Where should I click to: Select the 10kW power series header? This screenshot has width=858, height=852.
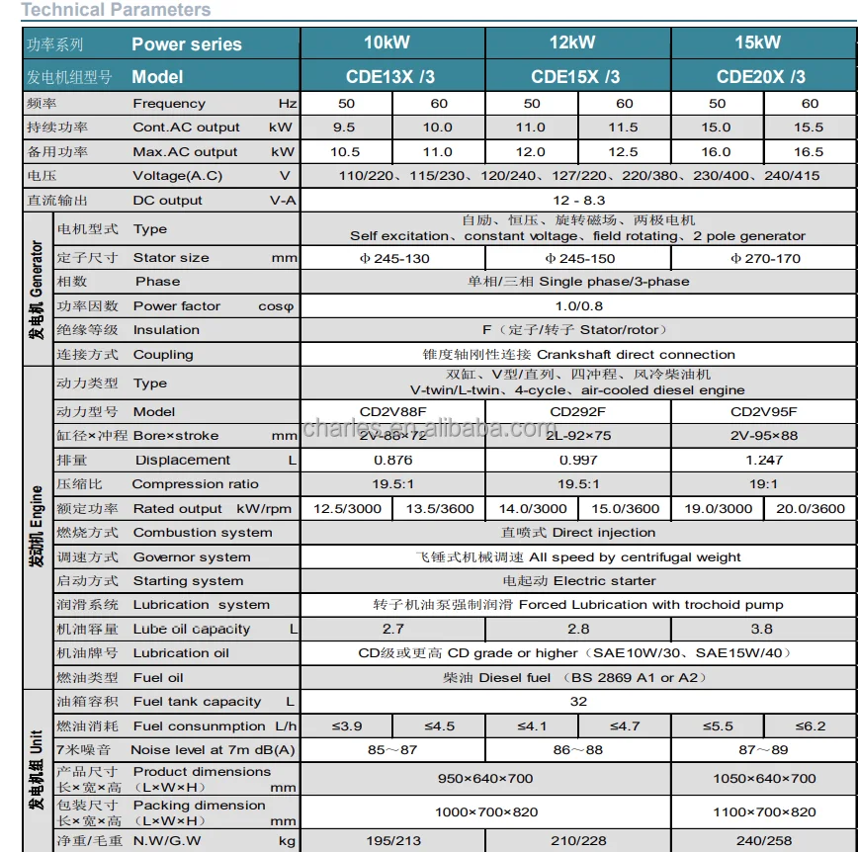tap(393, 43)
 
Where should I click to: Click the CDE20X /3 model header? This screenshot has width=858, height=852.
tap(761, 76)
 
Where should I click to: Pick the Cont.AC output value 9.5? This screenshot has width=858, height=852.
tap(346, 128)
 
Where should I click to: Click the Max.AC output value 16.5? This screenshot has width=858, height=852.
tap(809, 151)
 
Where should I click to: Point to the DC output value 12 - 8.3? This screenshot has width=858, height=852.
tap(578, 200)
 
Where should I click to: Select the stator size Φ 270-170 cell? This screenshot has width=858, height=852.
tap(764, 258)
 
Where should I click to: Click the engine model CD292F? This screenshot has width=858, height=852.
tap(577, 411)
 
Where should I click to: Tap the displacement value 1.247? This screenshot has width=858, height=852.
tap(764, 460)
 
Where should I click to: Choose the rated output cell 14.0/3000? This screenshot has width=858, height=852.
tap(532, 508)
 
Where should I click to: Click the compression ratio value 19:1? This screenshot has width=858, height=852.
tap(764, 484)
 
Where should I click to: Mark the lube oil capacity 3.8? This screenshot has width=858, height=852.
tap(762, 629)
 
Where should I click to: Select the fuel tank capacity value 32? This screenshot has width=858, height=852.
tap(578, 702)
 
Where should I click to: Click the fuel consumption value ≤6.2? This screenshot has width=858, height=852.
tap(809, 726)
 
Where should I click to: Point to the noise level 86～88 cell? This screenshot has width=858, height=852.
tap(578, 750)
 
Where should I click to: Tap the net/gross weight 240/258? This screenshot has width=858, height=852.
tap(764, 840)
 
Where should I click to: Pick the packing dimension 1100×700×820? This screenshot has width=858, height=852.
tap(764, 812)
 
